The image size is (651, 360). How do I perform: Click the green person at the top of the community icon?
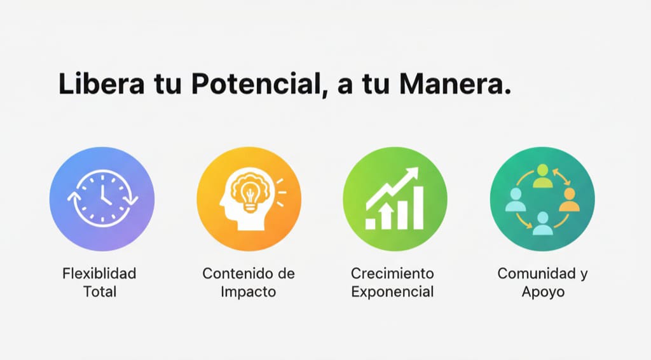click(x=542, y=176)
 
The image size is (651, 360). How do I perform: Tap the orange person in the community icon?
click(x=568, y=200)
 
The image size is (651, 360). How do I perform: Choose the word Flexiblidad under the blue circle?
click(x=99, y=274)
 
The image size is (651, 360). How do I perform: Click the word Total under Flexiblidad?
click(x=99, y=293)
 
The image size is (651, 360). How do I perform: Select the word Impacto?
click(x=249, y=293)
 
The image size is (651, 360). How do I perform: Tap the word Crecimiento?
click(x=392, y=274)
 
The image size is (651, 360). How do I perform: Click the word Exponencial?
click(x=392, y=293)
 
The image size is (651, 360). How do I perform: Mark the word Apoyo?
click(x=542, y=293)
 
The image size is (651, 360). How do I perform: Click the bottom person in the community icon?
click(x=542, y=223)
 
